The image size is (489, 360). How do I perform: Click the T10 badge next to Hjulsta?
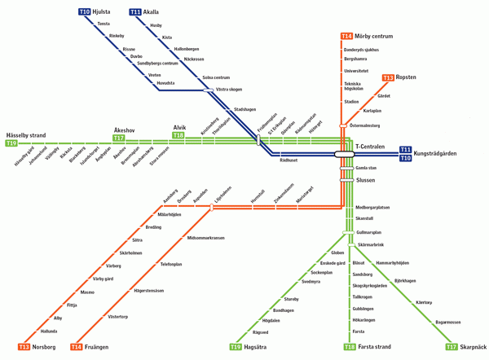[x=84, y=11]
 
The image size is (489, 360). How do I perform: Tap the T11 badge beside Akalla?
[x=134, y=11]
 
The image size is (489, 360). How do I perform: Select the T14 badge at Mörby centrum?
[x=346, y=36]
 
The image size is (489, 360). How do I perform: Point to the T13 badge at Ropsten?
[x=388, y=77]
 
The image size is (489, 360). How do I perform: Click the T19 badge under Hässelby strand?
[x=11, y=143]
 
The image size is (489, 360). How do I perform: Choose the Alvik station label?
[x=179, y=127]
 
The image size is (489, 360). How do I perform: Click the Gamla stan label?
[x=367, y=167]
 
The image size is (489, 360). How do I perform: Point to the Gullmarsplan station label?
[x=368, y=232]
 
